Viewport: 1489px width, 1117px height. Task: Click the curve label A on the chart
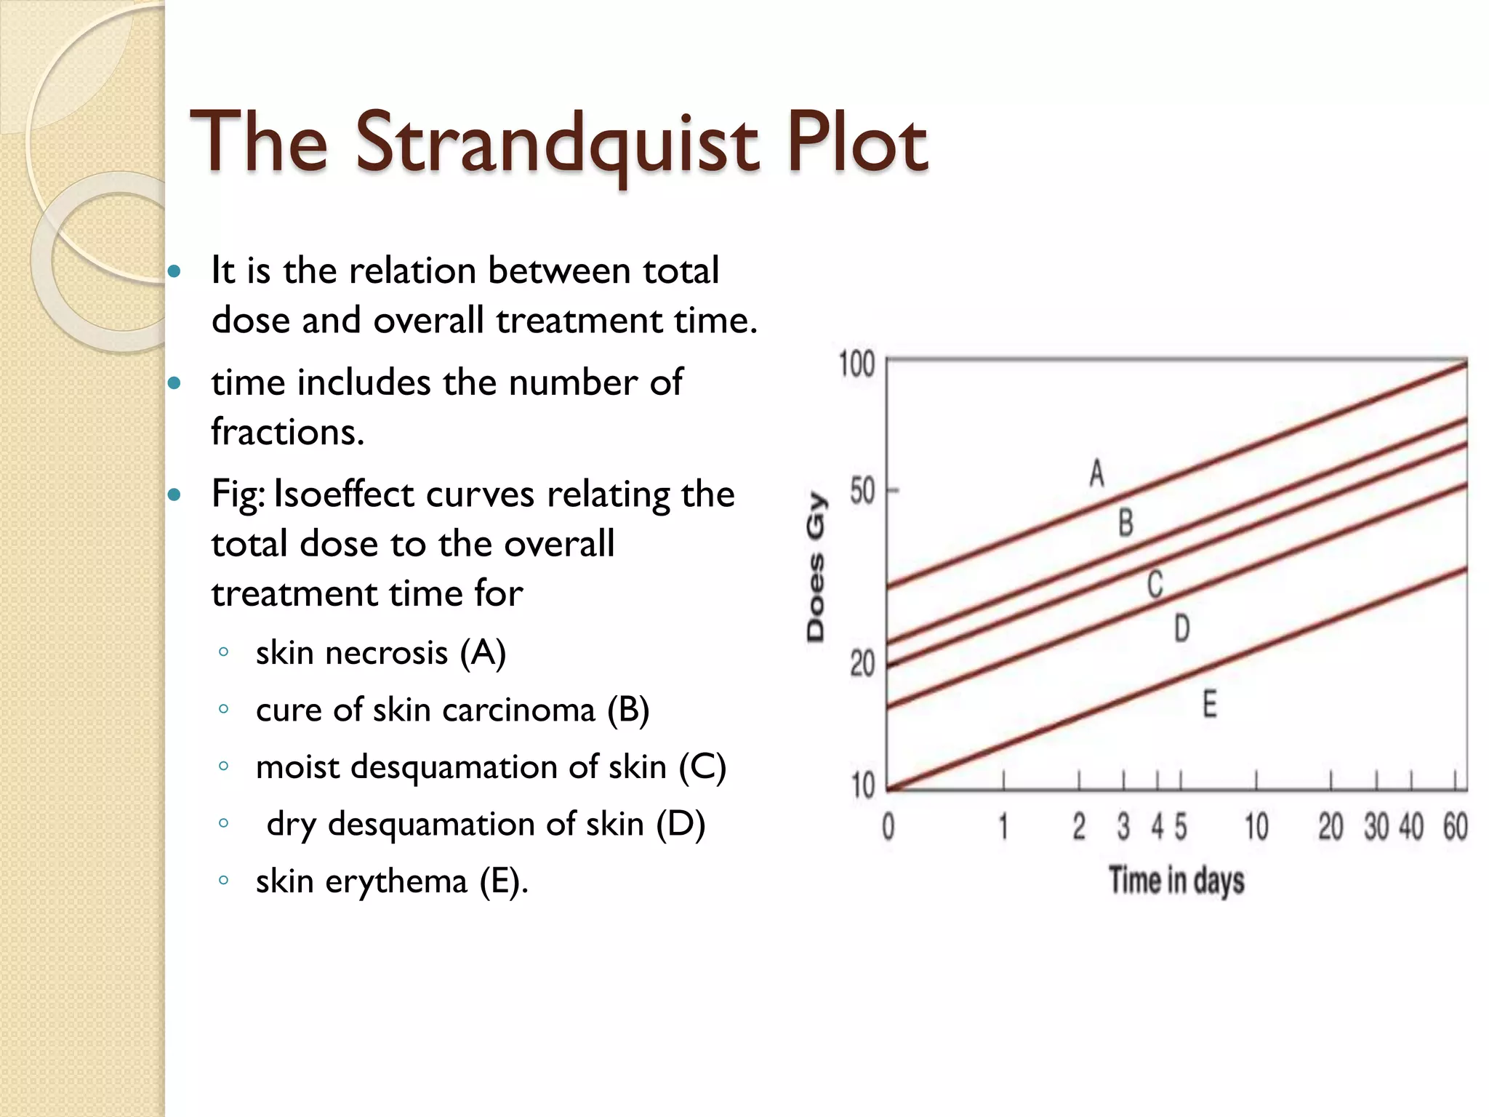[x=1097, y=473]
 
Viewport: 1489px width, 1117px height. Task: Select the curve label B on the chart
[x=1125, y=523]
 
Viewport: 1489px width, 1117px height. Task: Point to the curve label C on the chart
[x=1155, y=585]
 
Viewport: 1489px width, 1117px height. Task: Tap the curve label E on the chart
[x=1210, y=705]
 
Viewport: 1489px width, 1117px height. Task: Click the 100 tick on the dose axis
[x=856, y=364]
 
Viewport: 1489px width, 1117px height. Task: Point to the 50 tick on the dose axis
[x=862, y=492]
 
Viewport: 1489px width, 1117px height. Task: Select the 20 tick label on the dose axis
[x=862, y=664]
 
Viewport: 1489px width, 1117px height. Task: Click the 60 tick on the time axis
[x=1456, y=827]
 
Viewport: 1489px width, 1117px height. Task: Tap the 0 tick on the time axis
[x=888, y=827]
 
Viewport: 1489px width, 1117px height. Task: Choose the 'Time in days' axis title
[x=1176, y=880]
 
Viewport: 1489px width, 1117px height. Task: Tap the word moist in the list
[x=297, y=767]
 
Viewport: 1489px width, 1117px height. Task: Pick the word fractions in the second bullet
[x=286, y=433]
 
